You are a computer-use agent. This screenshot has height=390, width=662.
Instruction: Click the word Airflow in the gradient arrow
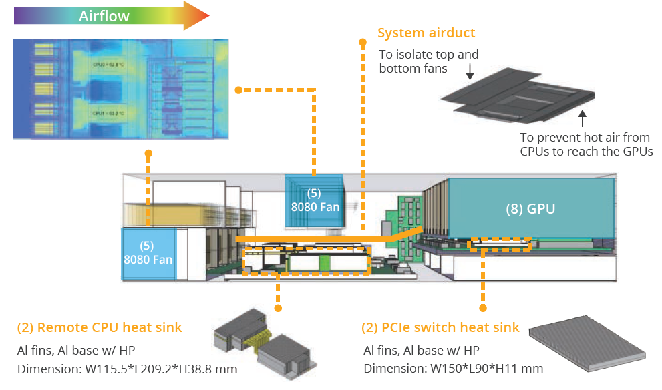pos(104,16)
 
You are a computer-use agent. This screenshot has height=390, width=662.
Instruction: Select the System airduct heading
pos(426,33)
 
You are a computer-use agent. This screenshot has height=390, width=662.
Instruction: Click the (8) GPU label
pos(530,208)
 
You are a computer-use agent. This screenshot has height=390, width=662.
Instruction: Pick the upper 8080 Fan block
pos(315,200)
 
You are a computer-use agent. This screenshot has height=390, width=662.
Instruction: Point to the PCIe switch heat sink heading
pos(440,327)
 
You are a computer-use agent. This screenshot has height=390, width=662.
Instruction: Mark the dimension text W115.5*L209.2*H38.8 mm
pos(127,369)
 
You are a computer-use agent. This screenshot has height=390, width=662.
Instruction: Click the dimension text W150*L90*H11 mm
pos(453,369)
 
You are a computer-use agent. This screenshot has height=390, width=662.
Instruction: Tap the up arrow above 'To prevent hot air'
pos(583,119)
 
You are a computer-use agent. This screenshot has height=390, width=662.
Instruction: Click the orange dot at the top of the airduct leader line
pos(363,43)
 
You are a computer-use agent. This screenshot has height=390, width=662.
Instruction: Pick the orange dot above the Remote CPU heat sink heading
pos(278,308)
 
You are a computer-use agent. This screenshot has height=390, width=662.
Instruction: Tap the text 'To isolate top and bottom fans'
pos(429,61)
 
